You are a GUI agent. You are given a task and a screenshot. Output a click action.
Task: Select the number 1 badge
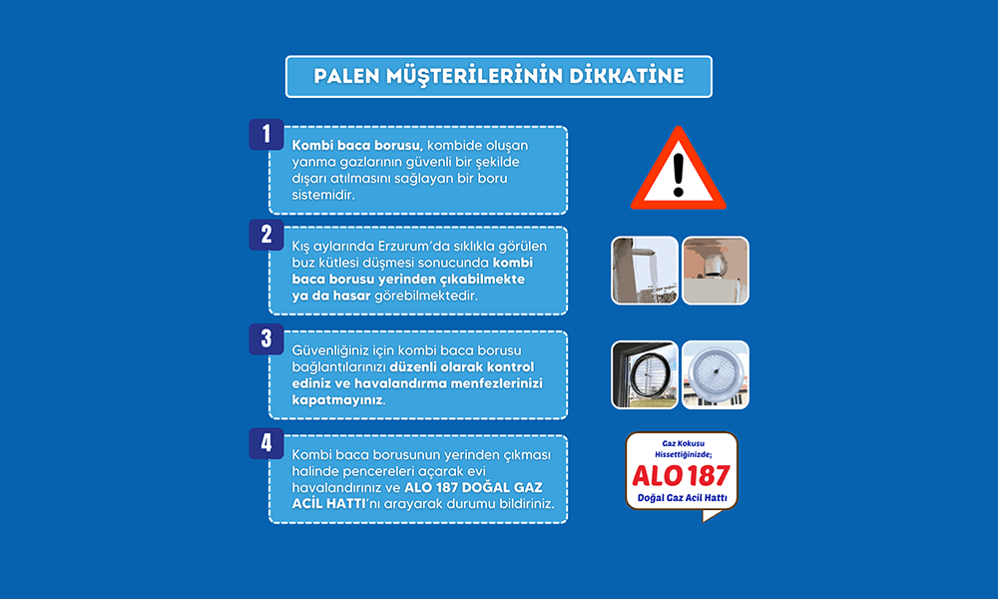(266, 135)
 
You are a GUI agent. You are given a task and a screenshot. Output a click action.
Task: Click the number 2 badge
(266, 235)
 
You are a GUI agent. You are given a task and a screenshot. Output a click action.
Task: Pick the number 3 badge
(266, 339)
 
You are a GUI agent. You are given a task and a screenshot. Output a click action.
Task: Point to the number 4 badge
(266, 443)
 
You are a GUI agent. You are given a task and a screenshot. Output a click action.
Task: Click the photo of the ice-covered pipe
(645, 271)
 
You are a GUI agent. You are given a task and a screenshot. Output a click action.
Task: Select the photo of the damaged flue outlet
(716, 271)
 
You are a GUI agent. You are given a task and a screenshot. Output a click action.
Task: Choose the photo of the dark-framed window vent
(645, 375)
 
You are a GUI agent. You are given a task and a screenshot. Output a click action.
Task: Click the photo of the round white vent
(716, 375)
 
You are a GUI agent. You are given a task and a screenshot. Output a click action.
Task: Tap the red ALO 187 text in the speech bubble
(681, 475)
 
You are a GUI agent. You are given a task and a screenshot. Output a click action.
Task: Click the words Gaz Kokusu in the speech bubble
(683, 443)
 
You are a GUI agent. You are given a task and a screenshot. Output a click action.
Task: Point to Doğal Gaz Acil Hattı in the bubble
(683, 498)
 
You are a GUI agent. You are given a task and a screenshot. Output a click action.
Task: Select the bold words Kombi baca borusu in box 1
(356, 146)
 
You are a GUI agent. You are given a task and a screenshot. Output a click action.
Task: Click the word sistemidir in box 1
(322, 195)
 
